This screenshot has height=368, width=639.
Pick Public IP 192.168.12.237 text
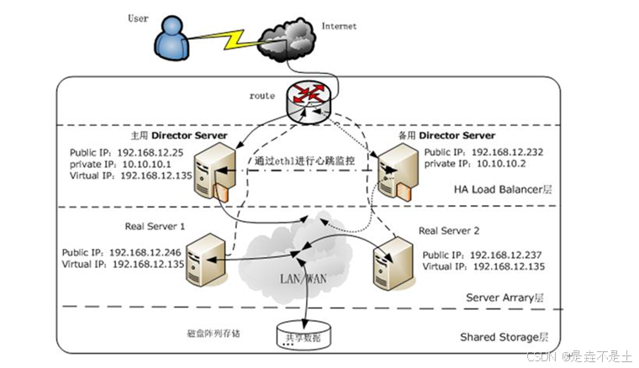[x=483, y=255]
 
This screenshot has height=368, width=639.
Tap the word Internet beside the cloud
[x=339, y=26]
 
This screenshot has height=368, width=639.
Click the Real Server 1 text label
[x=156, y=226]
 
